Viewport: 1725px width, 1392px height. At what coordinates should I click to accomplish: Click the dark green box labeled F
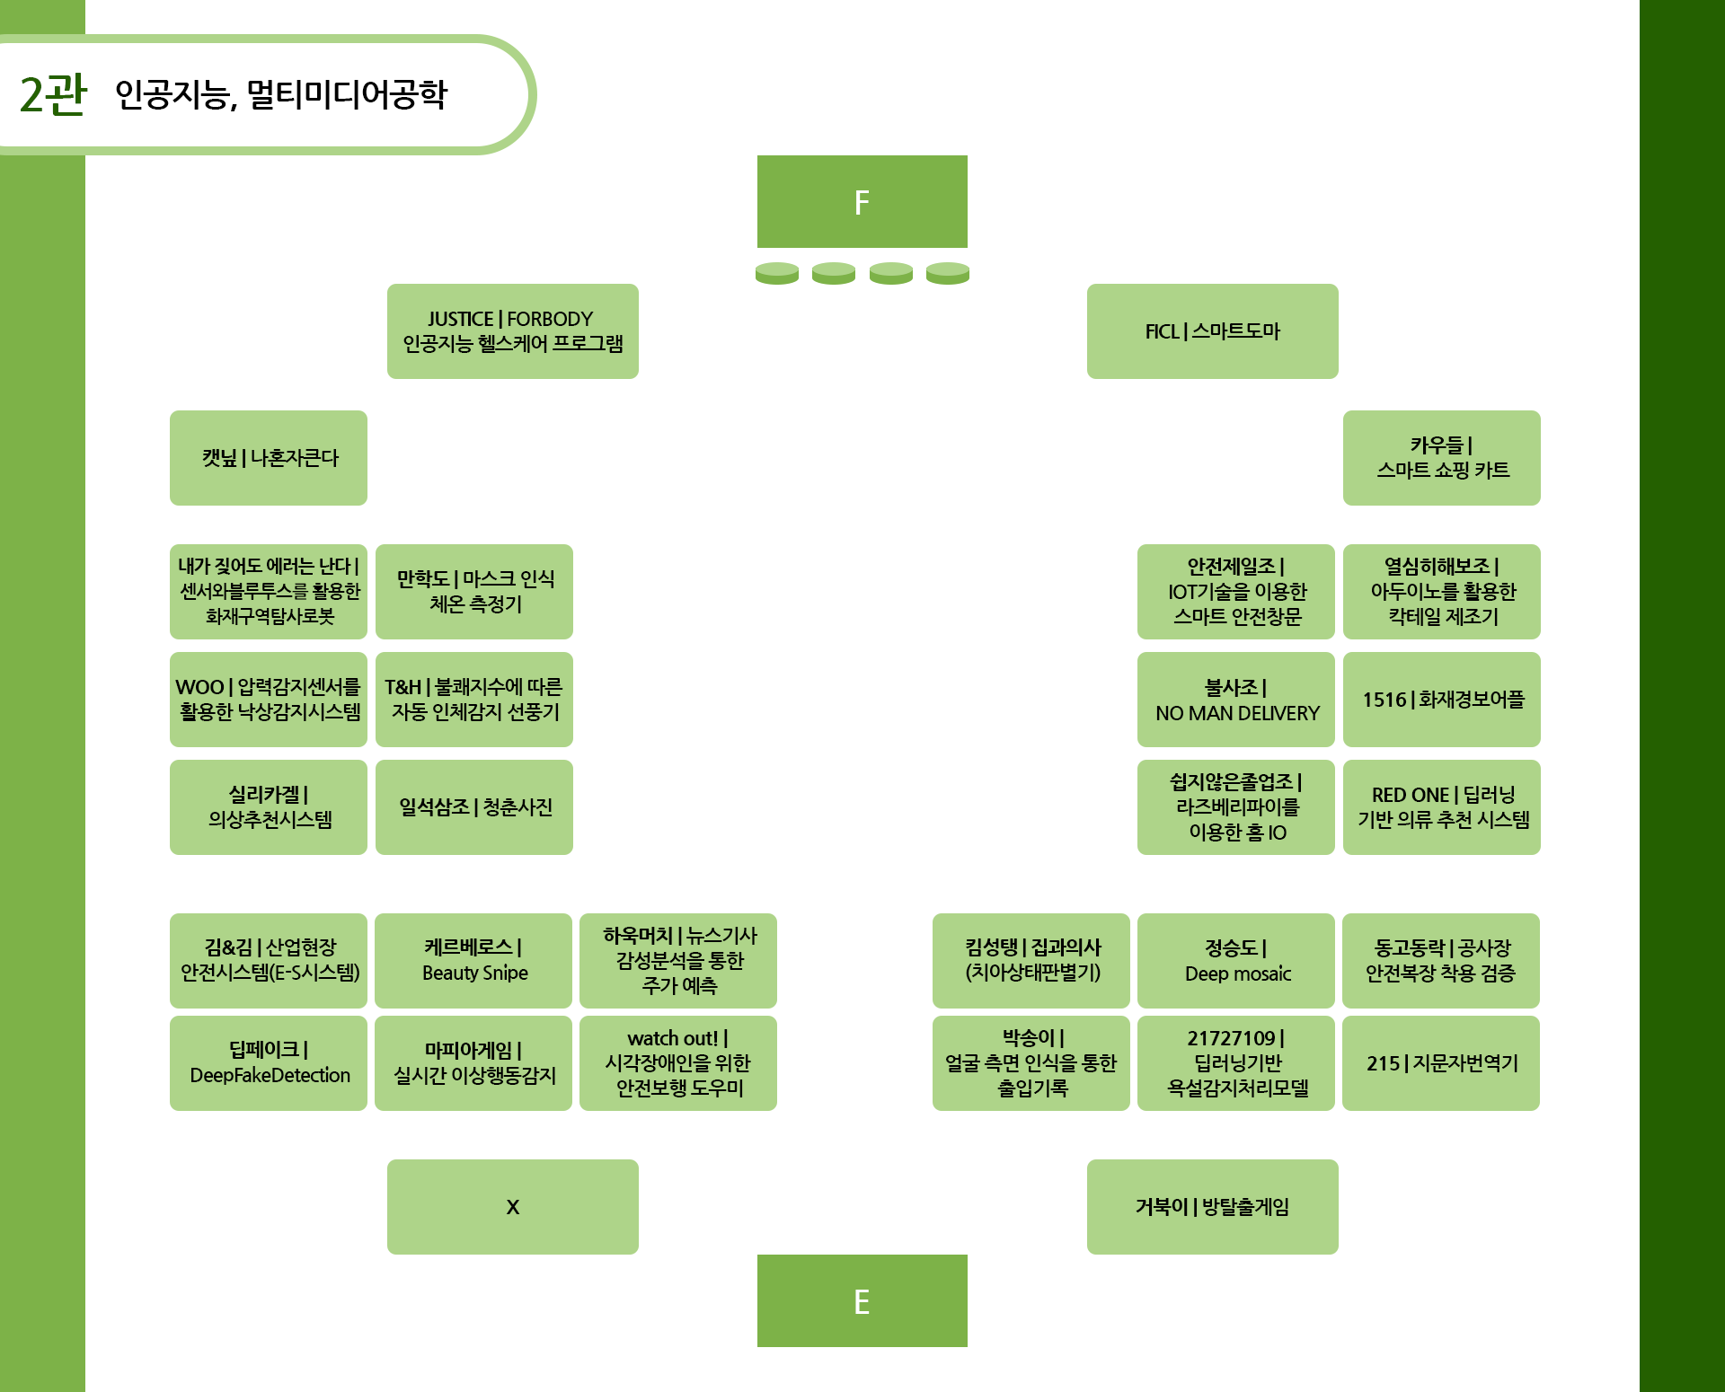(x=862, y=201)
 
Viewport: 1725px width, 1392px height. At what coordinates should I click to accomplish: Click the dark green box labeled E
(x=862, y=1300)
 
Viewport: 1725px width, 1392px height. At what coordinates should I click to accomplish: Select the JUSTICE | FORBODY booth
(x=513, y=331)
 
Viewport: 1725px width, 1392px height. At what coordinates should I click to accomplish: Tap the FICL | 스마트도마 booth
(x=1213, y=331)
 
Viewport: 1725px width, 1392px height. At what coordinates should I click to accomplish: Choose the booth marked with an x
(x=513, y=1207)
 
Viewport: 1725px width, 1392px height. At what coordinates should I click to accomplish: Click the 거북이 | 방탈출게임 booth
(x=1213, y=1207)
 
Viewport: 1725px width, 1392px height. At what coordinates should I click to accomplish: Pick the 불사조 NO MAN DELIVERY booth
(x=1236, y=700)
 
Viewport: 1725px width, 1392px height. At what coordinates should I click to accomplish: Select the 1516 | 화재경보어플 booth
(x=1442, y=700)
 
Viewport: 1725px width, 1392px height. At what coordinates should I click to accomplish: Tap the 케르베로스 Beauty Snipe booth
(x=473, y=961)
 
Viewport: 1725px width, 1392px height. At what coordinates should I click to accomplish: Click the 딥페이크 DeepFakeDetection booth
(x=269, y=1063)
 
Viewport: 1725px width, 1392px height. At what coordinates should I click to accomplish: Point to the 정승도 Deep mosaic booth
(x=1236, y=961)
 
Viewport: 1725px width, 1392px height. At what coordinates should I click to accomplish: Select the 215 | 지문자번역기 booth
(x=1441, y=1063)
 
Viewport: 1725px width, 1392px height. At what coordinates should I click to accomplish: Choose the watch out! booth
(x=678, y=1063)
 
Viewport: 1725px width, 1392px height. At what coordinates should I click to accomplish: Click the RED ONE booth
(x=1442, y=807)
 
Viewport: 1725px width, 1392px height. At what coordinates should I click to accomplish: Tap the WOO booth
(x=269, y=700)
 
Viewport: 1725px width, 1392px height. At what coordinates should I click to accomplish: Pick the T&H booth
(x=474, y=700)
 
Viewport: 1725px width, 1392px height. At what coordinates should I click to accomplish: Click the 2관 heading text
(x=54, y=94)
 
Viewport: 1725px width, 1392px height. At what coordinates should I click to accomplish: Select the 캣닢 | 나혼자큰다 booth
(x=269, y=458)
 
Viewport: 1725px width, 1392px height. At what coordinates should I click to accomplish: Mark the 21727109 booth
(x=1236, y=1063)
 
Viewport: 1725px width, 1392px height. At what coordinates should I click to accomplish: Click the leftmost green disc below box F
(x=777, y=273)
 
